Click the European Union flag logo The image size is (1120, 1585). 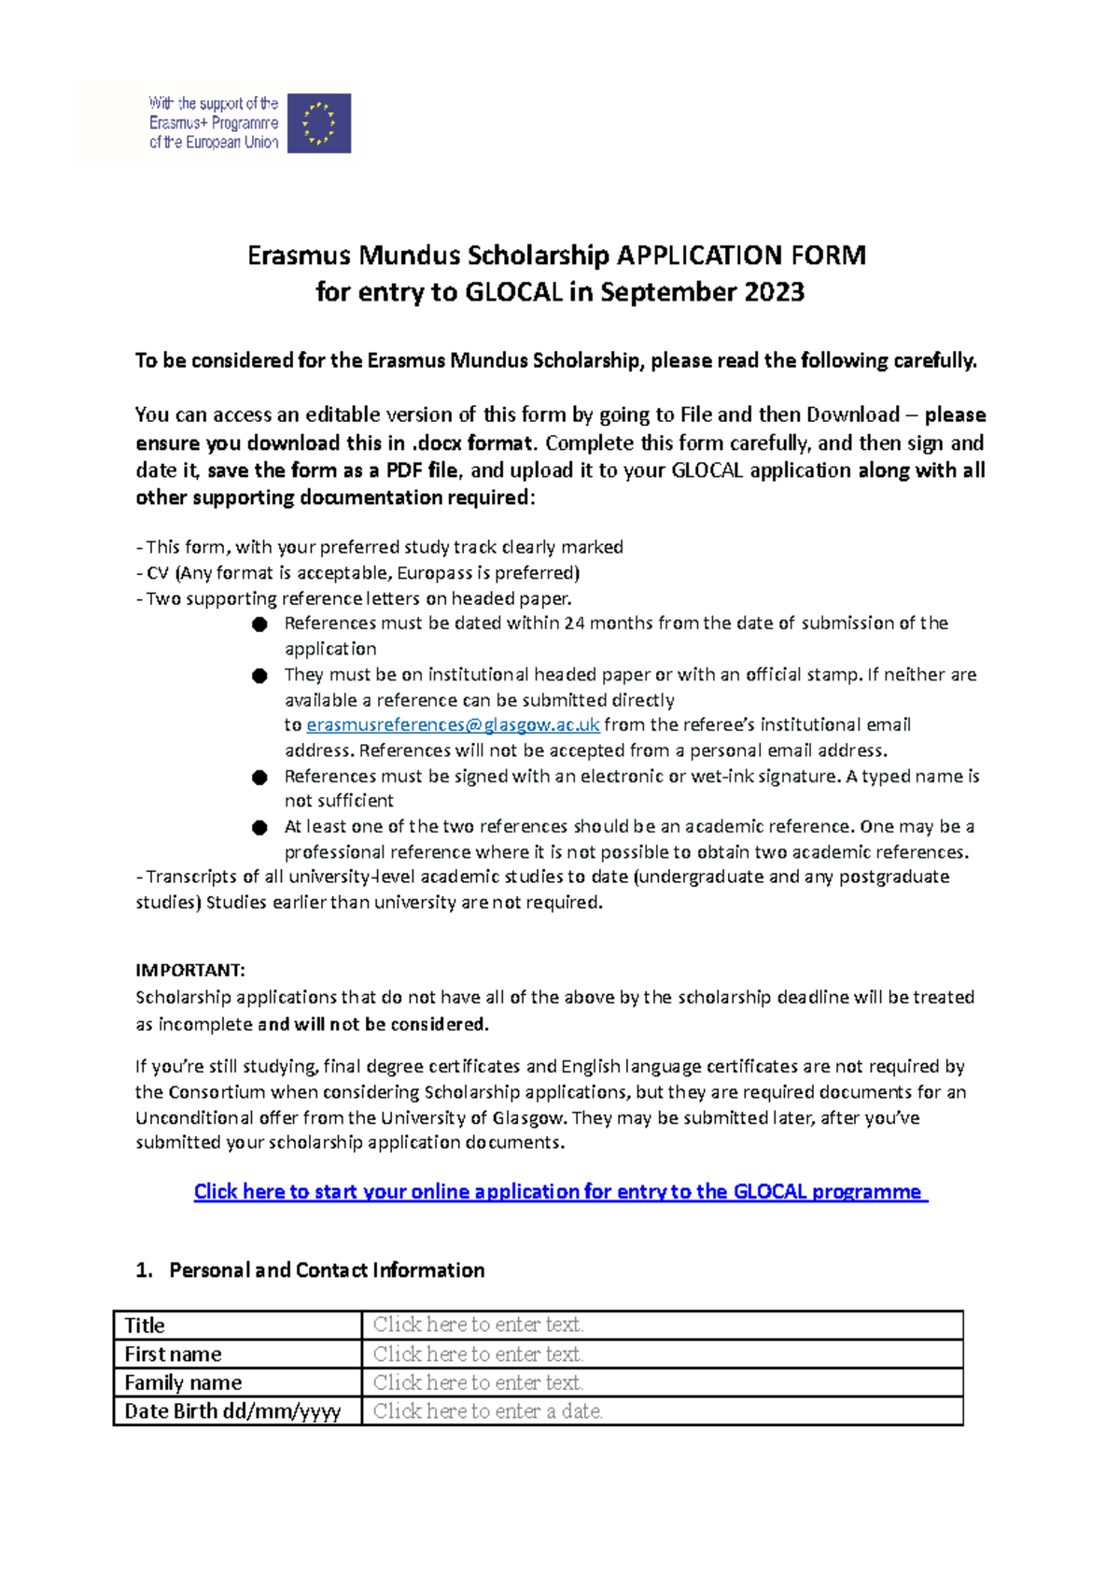319,123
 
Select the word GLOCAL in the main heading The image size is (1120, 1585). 513,292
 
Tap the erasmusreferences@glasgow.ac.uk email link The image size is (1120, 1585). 453,725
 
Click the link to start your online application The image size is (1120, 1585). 560,1192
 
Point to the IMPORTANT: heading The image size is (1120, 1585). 190,971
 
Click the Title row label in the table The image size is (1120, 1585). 145,1326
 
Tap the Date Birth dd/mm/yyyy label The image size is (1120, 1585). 232,1411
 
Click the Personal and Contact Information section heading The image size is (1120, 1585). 327,1270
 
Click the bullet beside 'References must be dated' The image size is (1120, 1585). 259,624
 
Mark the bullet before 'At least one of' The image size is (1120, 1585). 259,828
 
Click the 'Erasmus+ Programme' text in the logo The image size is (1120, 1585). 214,123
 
